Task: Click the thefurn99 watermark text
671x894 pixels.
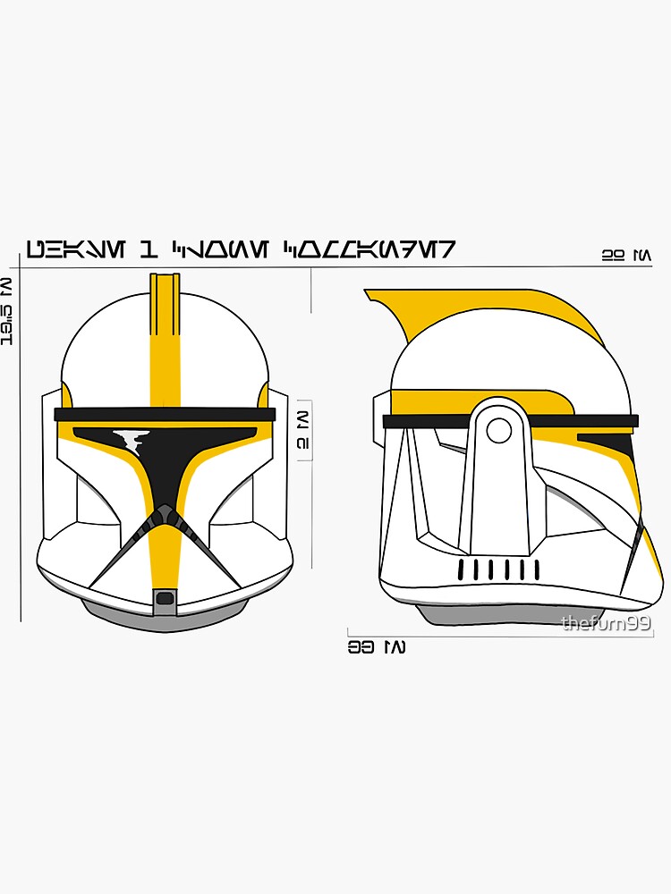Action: coord(606,623)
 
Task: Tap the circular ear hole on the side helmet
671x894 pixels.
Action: coord(498,431)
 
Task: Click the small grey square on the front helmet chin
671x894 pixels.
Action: coord(164,597)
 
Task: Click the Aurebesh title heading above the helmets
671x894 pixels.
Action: coord(240,249)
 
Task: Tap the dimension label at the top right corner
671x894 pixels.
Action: coord(626,256)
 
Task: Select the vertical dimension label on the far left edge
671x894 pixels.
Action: coord(7,311)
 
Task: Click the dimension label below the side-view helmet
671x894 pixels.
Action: coord(376,646)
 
